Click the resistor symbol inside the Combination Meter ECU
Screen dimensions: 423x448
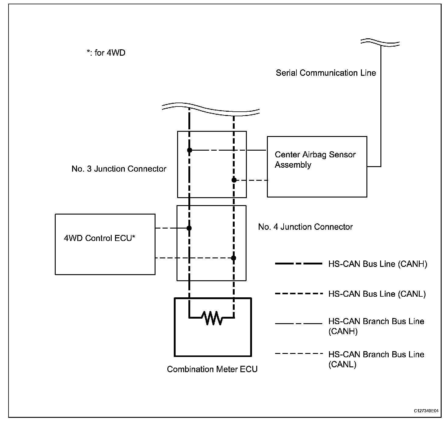(213, 318)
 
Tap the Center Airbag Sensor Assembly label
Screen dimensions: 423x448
(315, 160)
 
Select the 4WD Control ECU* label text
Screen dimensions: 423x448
(100, 238)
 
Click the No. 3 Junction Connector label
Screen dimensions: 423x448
(119, 169)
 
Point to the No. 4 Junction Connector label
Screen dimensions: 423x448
(305, 227)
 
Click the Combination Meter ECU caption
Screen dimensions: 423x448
(212, 369)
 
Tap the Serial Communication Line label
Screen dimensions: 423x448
(326, 73)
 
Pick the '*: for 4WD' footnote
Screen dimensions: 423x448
(106, 53)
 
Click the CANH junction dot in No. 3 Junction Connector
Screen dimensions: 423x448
(190, 150)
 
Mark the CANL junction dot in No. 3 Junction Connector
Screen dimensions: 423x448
(234, 180)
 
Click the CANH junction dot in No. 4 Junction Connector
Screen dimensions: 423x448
(189, 228)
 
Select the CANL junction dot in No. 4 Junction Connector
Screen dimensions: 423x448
(233, 258)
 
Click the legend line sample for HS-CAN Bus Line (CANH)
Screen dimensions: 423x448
(298, 264)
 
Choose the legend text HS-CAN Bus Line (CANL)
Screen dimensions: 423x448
(377, 294)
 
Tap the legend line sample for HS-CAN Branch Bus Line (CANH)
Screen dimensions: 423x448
(298, 323)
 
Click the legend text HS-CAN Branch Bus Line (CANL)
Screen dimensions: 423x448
(376, 359)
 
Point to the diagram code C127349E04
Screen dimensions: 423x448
(426, 411)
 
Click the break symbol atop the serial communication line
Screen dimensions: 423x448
(380, 43)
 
